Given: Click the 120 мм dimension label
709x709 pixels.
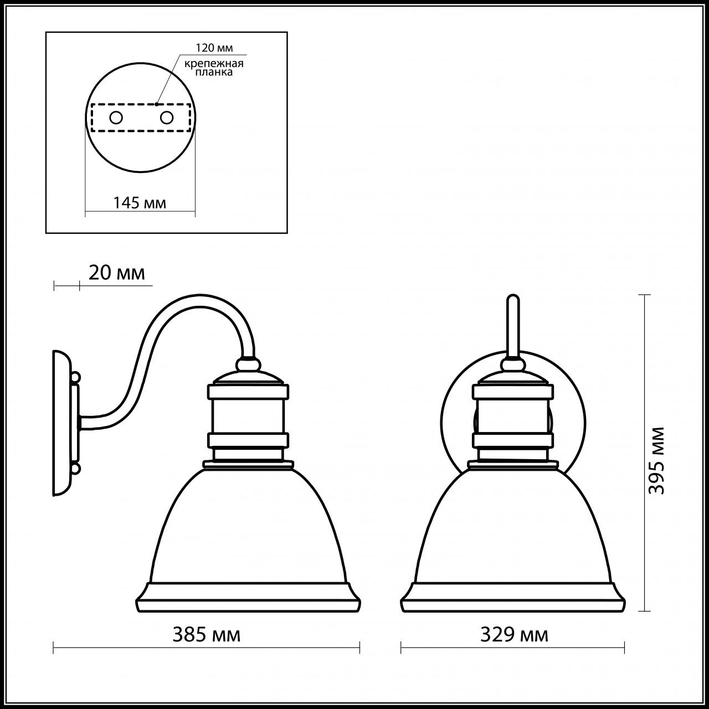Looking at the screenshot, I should point(214,48).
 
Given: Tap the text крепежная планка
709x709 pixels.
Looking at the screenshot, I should point(214,68).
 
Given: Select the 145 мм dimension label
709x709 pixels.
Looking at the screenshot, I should point(140,203).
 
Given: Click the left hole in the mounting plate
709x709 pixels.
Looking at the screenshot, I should point(116,117).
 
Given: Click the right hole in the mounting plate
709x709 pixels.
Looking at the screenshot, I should point(166,117).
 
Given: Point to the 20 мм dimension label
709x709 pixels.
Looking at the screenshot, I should point(116,273).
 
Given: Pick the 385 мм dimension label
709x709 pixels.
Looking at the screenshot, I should point(206,635).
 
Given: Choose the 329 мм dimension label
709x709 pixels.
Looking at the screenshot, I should point(514,635).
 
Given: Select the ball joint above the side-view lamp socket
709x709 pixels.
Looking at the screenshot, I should point(248,364).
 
